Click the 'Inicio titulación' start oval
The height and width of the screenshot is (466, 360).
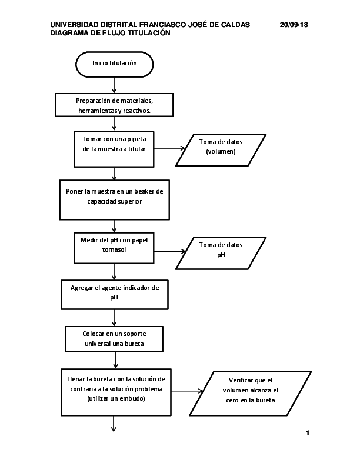point(115,64)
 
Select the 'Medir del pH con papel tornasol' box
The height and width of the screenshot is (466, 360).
point(114,247)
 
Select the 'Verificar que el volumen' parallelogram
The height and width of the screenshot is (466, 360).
point(250,391)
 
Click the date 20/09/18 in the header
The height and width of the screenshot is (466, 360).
point(294,25)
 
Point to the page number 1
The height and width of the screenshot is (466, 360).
point(308,434)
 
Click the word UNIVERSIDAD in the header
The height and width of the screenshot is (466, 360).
point(75,25)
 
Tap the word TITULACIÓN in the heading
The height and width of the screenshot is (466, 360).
point(150,34)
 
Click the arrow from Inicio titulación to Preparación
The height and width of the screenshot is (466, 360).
point(114,85)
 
